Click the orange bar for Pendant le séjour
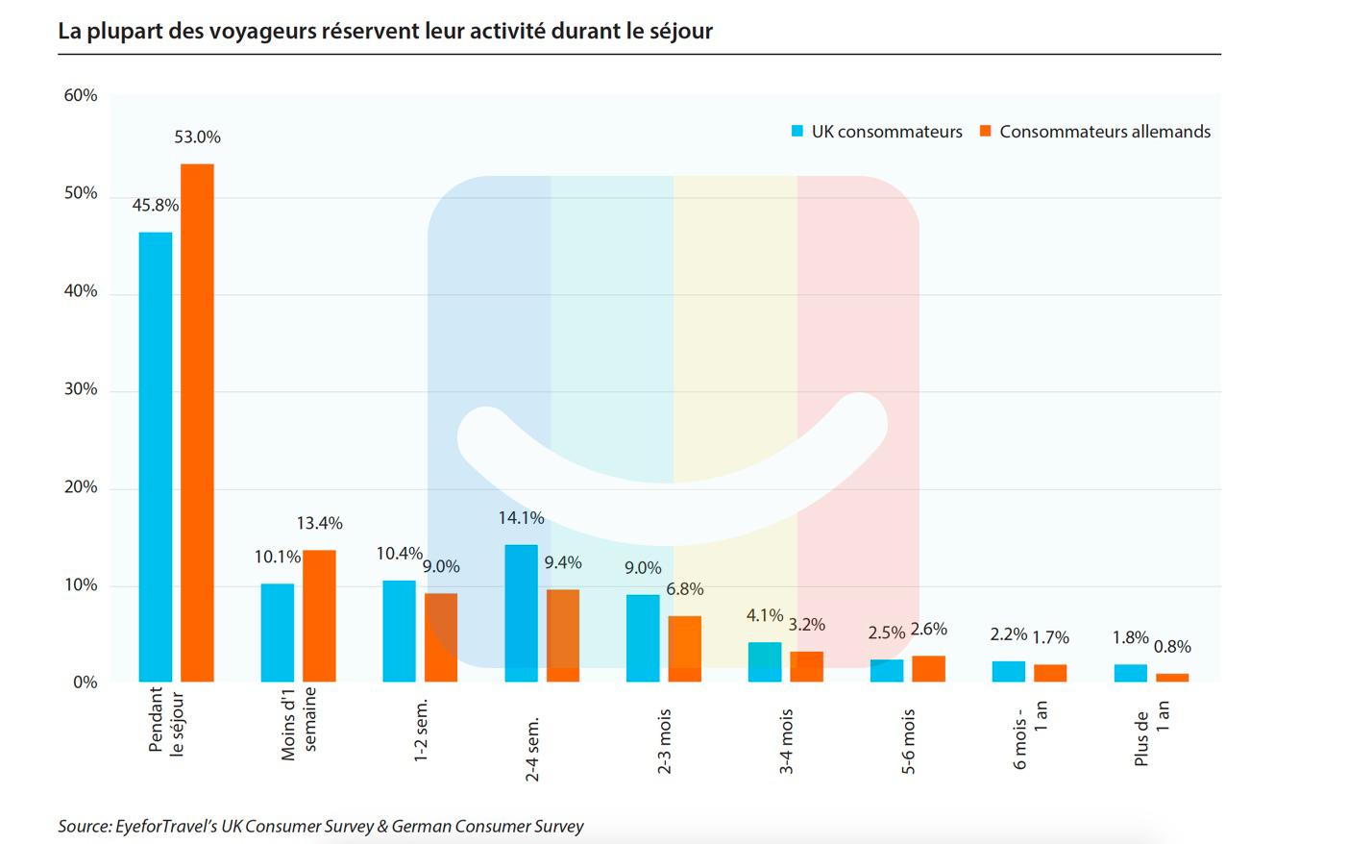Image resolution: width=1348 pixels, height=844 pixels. click(197, 423)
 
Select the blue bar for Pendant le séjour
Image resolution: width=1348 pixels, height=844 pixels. click(156, 457)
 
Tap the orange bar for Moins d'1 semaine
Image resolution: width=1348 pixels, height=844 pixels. click(319, 616)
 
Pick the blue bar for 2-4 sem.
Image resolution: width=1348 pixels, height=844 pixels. click(521, 613)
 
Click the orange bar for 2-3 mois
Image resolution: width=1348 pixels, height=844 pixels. click(684, 649)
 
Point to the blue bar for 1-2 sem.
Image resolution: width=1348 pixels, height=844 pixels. click(399, 631)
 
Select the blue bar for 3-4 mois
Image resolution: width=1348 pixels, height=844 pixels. click(765, 661)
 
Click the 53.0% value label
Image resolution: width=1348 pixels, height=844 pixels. click(197, 137)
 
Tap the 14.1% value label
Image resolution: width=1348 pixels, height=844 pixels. click(521, 518)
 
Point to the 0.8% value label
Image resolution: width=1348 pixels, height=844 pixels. click(1172, 647)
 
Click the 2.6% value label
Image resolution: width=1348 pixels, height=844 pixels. click(928, 630)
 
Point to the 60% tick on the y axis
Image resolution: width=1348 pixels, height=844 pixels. click(81, 95)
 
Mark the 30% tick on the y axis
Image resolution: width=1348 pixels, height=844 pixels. click(81, 389)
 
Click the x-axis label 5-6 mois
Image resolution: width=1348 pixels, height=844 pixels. click(909, 741)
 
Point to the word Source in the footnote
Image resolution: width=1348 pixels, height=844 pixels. click(83, 826)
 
